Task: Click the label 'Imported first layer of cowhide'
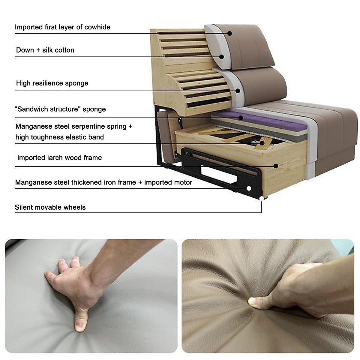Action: [62, 27]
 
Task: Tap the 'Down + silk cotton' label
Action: [45, 50]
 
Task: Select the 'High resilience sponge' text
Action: [52, 83]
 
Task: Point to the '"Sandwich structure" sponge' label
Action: [61, 109]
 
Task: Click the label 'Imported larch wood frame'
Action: [59, 158]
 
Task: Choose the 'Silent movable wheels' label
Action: [50, 207]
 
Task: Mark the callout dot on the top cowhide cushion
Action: [229, 33]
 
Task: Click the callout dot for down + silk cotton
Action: [222, 56]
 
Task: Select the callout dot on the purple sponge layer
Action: [240, 118]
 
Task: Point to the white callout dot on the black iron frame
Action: [249, 188]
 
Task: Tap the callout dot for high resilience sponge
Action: [238, 90]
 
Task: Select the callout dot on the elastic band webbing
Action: [262, 143]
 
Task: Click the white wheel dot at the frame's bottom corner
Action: [262, 198]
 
